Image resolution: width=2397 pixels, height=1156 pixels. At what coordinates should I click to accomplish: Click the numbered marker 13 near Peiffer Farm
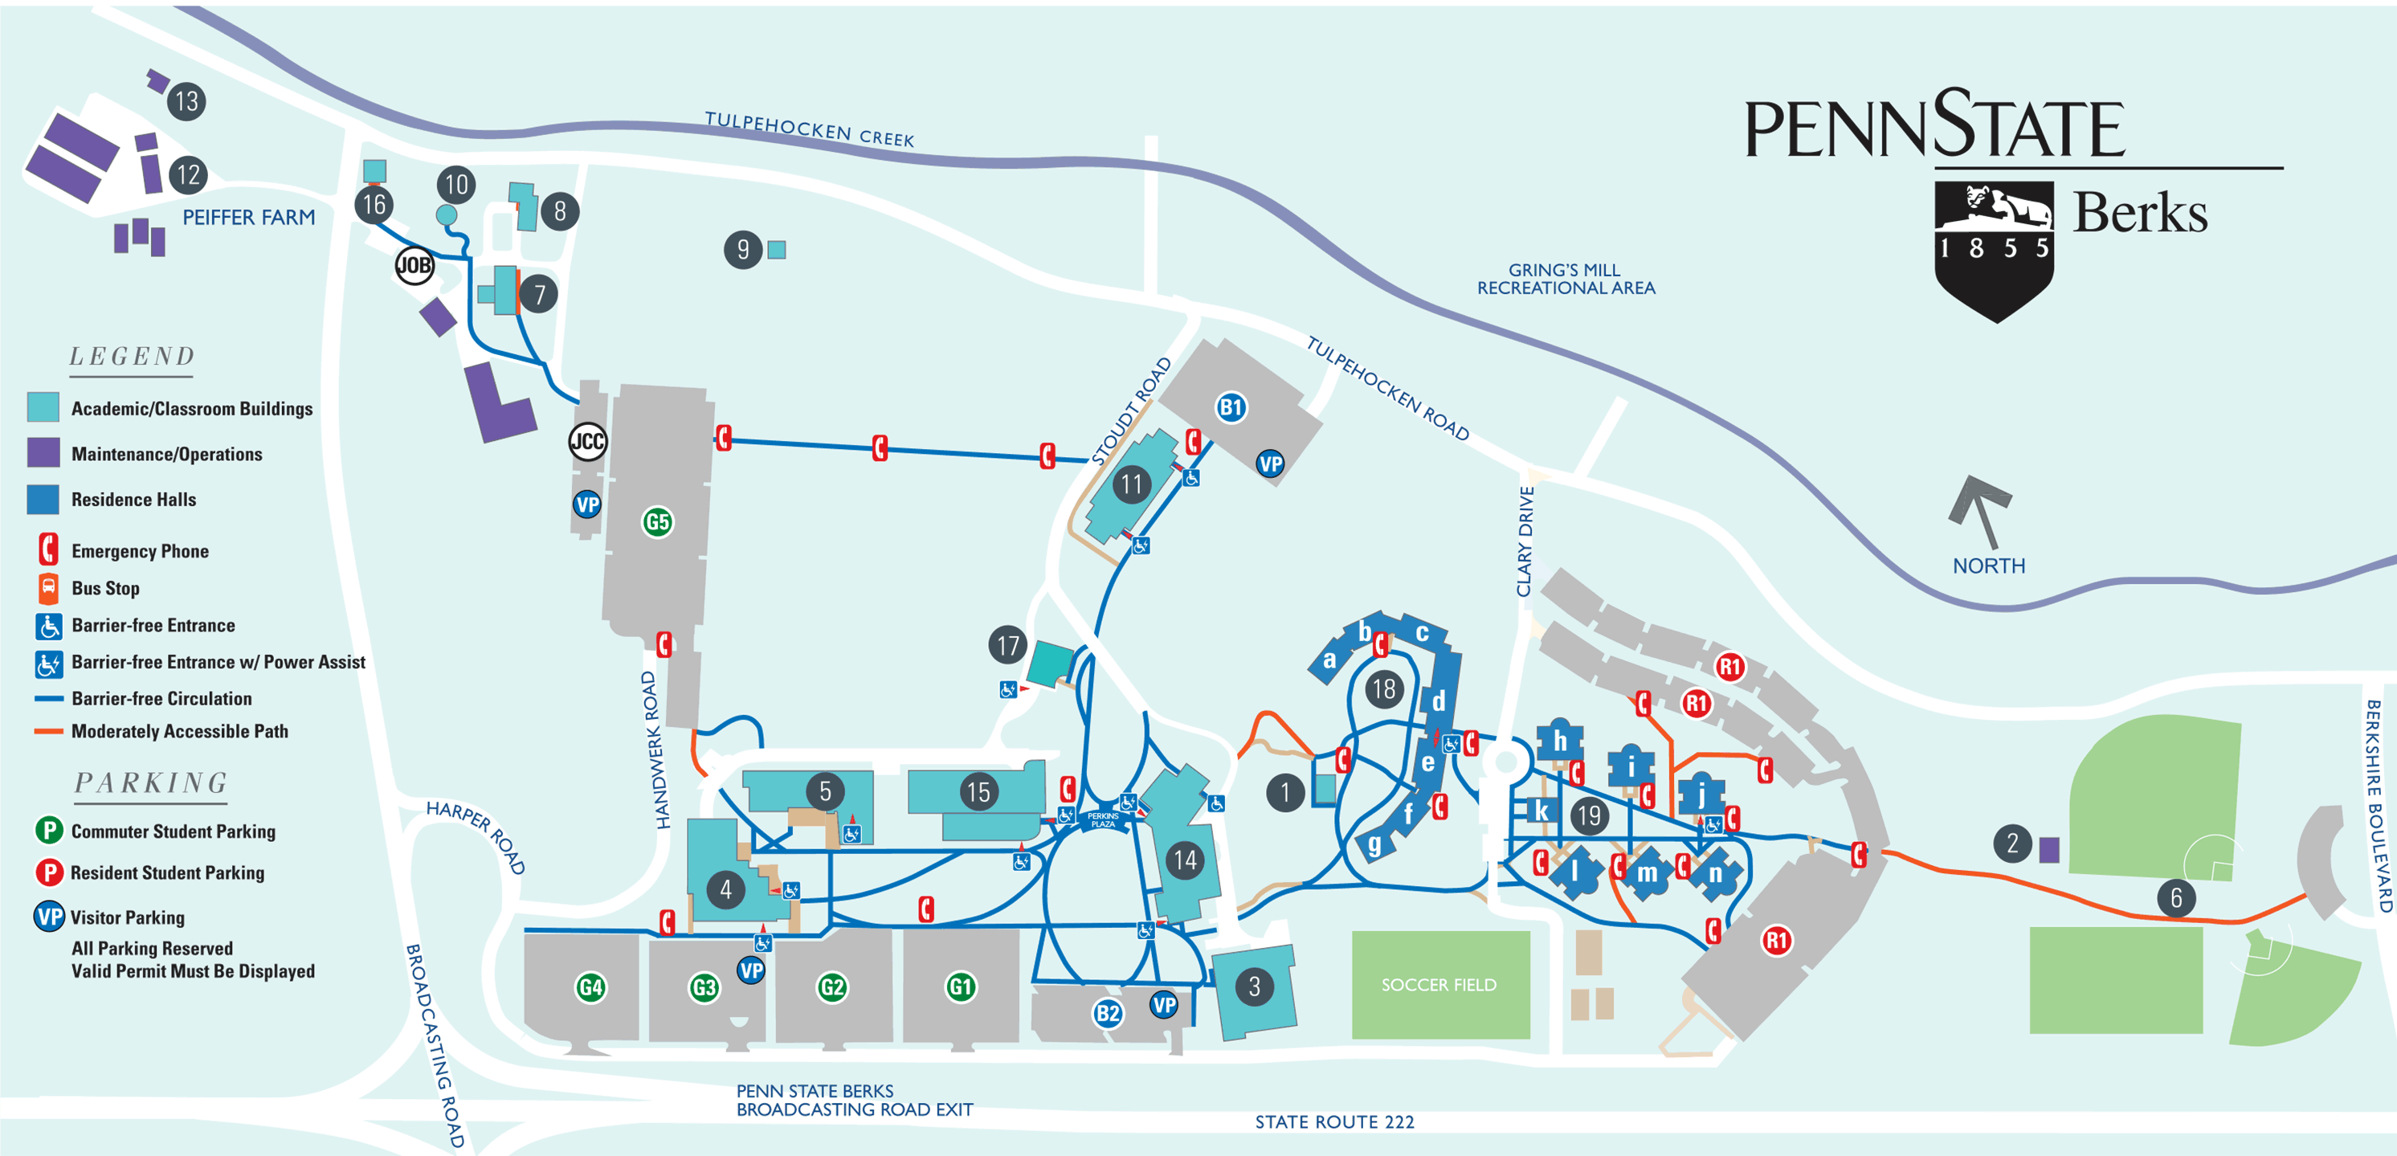pyautogui.click(x=186, y=100)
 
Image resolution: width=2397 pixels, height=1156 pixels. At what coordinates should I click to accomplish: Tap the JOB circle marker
pyautogui.click(x=414, y=265)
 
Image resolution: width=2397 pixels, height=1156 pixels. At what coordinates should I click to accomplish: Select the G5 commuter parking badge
pyautogui.click(x=657, y=521)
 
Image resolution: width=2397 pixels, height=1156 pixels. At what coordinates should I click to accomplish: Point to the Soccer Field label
pyautogui.click(x=1438, y=985)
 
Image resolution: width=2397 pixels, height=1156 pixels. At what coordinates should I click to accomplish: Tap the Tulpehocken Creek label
pyautogui.click(x=809, y=129)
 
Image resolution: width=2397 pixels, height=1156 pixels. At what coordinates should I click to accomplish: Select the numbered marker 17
pyautogui.click(x=1008, y=644)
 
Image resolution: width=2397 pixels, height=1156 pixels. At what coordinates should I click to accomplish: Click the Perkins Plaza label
pyautogui.click(x=1103, y=820)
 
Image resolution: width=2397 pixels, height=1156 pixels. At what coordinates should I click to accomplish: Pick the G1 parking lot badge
pyautogui.click(x=960, y=986)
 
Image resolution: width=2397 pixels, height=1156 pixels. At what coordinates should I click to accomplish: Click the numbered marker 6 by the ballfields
pyautogui.click(x=2175, y=897)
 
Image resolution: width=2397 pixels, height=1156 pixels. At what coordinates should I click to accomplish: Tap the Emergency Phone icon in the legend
pyautogui.click(x=47, y=549)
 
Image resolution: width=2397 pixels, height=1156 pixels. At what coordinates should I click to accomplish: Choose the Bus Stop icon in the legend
pyautogui.click(x=47, y=587)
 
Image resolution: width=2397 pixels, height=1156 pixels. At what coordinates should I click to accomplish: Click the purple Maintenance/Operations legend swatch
pyautogui.click(x=43, y=452)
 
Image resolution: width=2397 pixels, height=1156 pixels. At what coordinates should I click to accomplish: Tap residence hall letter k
pyautogui.click(x=1542, y=811)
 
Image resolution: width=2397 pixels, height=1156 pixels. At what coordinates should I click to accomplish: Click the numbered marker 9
pyautogui.click(x=742, y=250)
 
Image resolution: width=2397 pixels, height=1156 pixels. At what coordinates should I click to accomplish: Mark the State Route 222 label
pyautogui.click(x=1333, y=1121)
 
